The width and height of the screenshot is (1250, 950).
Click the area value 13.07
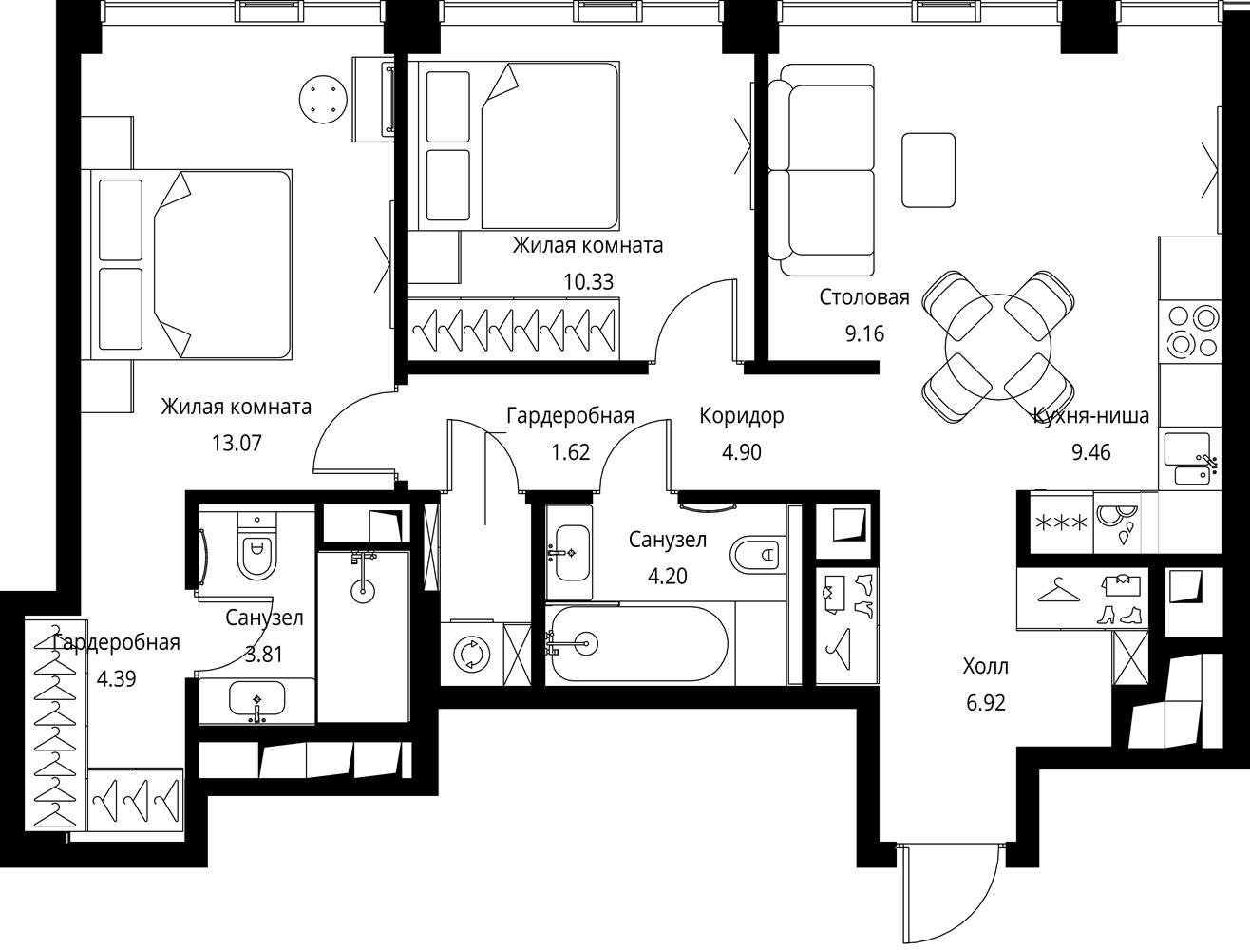tap(237, 443)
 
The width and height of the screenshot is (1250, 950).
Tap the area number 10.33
tap(589, 281)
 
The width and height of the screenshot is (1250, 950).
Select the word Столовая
tap(864, 296)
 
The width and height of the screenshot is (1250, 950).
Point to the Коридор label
tap(742, 416)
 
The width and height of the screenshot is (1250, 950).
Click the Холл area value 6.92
tap(986, 703)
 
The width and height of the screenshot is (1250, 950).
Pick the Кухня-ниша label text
tap(1091, 416)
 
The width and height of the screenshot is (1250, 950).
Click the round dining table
tap(997, 347)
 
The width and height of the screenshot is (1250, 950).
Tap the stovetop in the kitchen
tap(1189, 332)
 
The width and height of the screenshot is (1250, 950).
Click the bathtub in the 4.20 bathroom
tap(636, 643)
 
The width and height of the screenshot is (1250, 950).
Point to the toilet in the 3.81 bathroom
tap(256, 544)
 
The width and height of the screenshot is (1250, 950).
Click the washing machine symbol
tap(471, 653)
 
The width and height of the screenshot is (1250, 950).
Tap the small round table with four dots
tap(324, 99)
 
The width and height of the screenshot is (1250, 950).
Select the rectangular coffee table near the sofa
tap(928, 170)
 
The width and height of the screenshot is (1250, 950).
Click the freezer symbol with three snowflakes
tap(1061, 522)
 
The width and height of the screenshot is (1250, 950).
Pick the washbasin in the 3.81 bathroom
tap(256, 700)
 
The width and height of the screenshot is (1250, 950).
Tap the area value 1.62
tap(571, 452)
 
